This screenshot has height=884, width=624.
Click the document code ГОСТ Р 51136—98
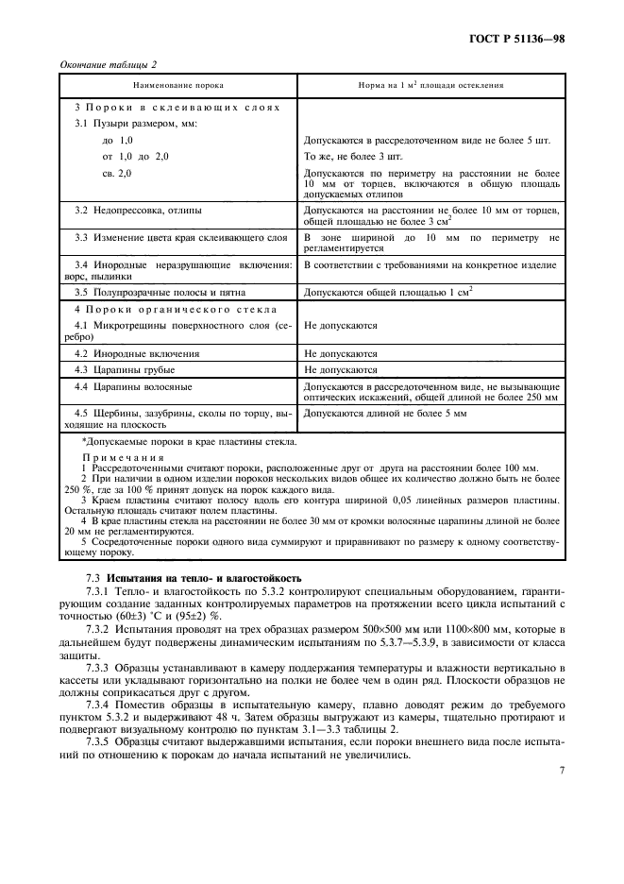pyautogui.click(x=530, y=39)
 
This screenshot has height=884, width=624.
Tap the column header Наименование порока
pyautogui.click(x=177, y=85)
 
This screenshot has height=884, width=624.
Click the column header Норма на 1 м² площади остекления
pyautogui.click(x=430, y=85)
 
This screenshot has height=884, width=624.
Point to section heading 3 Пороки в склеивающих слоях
pyautogui.click(x=177, y=108)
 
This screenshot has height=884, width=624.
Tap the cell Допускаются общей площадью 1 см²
pyautogui.click(x=388, y=293)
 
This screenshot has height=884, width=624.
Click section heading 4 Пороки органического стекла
pyautogui.click(x=176, y=309)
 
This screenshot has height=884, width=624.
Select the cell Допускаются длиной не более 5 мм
pyautogui.click(x=385, y=414)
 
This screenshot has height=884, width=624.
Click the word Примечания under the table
pyautogui.click(x=116, y=456)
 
